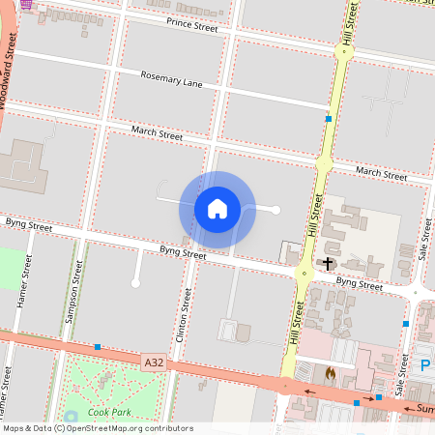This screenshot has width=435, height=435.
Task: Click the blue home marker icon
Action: tap(217, 209)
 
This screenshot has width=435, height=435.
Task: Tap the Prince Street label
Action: tap(193, 23)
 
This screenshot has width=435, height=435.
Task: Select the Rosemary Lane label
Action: tap(171, 79)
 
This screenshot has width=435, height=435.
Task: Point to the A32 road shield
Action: tap(153, 362)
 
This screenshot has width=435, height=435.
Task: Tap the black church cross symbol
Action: tap(328, 263)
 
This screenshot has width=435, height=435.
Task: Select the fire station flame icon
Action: tap(330, 371)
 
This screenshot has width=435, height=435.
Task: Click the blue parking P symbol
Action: tap(425, 365)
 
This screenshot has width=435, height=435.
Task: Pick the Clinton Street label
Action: tap(180, 319)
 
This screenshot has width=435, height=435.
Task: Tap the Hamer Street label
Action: tap(25, 289)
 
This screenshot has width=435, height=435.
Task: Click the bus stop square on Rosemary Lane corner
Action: tap(329, 119)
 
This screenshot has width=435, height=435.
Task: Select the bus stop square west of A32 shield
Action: tap(98, 346)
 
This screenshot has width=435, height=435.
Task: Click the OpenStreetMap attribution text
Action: tap(97, 427)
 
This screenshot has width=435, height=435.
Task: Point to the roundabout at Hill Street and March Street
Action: tap(324, 163)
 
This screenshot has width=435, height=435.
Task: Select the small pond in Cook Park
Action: tap(72, 418)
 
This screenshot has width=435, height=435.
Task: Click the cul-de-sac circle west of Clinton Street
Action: tap(135, 282)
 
